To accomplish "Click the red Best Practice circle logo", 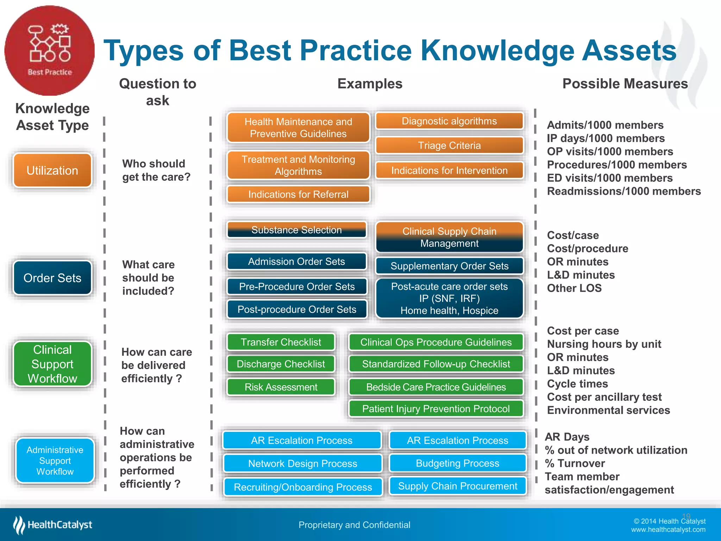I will point(49,50).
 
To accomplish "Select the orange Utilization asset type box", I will point(52,170).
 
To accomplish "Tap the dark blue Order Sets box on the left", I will point(52,278).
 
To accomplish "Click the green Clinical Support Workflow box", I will point(52,364).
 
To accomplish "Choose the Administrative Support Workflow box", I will point(55,460).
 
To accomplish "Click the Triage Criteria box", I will point(449,145).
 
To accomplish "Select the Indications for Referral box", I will point(298,194).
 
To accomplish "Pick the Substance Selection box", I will point(296,230).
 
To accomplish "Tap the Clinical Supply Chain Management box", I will point(449,237).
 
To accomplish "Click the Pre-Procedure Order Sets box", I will point(297,286).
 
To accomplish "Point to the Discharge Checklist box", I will point(281,364).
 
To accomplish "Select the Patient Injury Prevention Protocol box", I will point(436,409).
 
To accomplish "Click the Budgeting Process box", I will point(457,463).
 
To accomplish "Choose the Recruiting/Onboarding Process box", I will point(303,487).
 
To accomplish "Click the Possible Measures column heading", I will point(625,84).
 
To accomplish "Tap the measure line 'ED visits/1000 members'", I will point(609,178).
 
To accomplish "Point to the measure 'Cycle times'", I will point(577,384).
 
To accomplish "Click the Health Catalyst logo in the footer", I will point(53,525).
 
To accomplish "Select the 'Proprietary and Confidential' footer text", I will point(354,525).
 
